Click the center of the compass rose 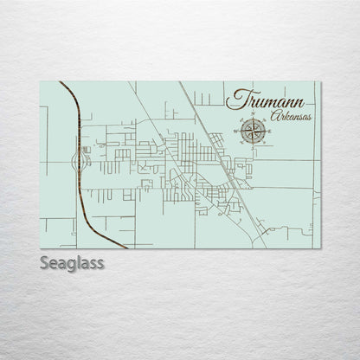[x=253, y=131]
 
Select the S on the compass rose [x=253, y=145]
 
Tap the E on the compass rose [x=267, y=131]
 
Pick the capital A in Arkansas [x=273, y=116]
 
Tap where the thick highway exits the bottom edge [x=126, y=247]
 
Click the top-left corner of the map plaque [x=41, y=82]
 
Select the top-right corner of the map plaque [x=320, y=82]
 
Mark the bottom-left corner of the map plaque [x=41, y=248]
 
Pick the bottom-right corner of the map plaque [x=320, y=248]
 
